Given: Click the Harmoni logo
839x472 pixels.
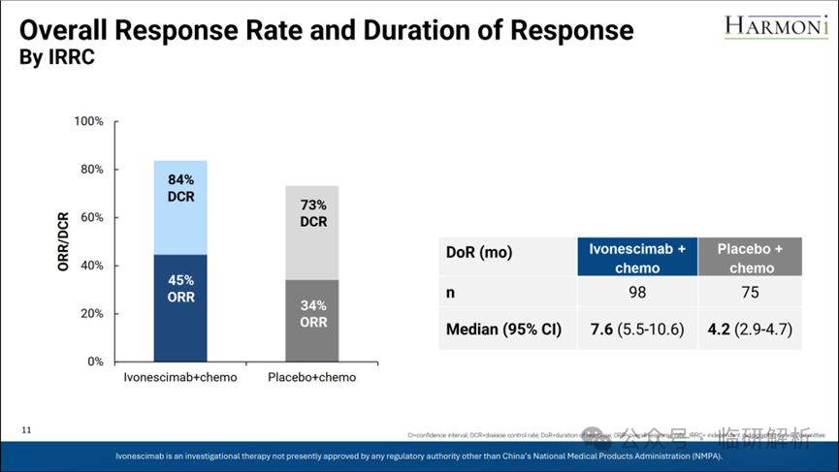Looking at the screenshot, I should [x=775, y=26].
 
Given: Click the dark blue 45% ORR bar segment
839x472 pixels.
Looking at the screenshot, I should [x=180, y=307].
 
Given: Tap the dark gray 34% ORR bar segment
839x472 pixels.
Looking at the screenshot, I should [x=312, y=320].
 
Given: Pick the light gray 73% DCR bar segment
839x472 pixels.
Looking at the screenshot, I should [x=312, y=233].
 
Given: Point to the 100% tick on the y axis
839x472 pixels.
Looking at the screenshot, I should [x=89, y=122].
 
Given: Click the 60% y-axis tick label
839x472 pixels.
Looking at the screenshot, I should [x=92, y=218].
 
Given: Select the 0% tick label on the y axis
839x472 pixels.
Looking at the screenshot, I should [x=95, y=362].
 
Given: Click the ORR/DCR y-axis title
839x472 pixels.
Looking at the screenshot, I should [x=64, y=241].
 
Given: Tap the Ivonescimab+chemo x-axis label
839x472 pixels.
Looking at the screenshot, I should [x=180, y=377].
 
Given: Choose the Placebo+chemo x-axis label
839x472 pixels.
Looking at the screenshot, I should [x=312, y=377].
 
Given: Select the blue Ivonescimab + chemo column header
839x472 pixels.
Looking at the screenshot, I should [x=637, y=259].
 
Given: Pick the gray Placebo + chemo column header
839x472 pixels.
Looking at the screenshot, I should [x=751, y=259].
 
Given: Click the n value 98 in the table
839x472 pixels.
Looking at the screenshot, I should [x=637, y=292].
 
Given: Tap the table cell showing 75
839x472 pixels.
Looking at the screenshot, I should [x=751, y=292].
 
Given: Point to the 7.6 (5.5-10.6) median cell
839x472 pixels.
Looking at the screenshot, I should [x=637, y=330].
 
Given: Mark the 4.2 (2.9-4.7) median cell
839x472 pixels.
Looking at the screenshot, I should [x=751, y=330].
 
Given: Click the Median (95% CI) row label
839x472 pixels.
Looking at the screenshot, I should [x=503, y=330].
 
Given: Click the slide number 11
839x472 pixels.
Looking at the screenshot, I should [x=27, y=429].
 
